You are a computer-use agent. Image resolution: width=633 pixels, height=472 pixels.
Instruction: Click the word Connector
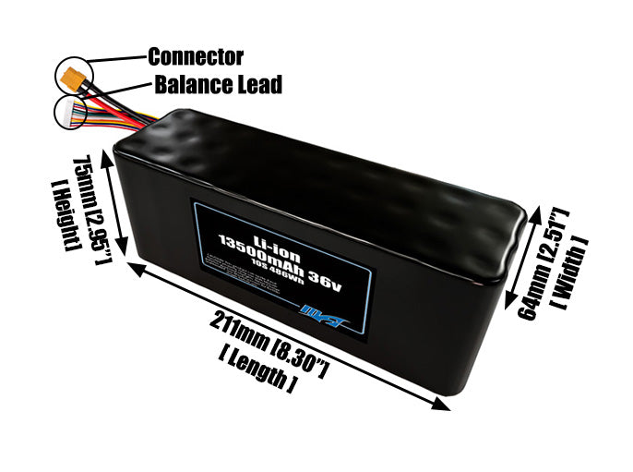coord(196,57)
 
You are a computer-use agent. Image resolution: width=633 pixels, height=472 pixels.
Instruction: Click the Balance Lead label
coord(218,85)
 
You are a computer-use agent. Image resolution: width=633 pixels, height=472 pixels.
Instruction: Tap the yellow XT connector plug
coord(72,76)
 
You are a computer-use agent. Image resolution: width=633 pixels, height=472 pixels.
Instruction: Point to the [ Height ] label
coord(62,218)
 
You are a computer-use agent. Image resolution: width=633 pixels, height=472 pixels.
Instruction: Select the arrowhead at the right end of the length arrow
coord(437,403)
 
